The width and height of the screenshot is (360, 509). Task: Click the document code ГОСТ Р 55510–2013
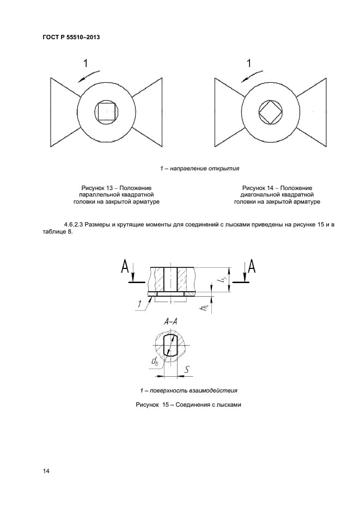(x=71, y=38)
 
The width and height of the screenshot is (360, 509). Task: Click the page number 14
(x=46, y=471)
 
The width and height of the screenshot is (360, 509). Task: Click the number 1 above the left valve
(x=85, y=64)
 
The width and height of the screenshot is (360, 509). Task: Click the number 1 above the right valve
(x=249, y=64)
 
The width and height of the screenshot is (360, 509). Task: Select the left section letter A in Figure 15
(x=125, y=267)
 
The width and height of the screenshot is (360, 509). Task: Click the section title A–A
(x=171, y=322)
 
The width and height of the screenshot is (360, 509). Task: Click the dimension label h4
(x=202, y=309)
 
